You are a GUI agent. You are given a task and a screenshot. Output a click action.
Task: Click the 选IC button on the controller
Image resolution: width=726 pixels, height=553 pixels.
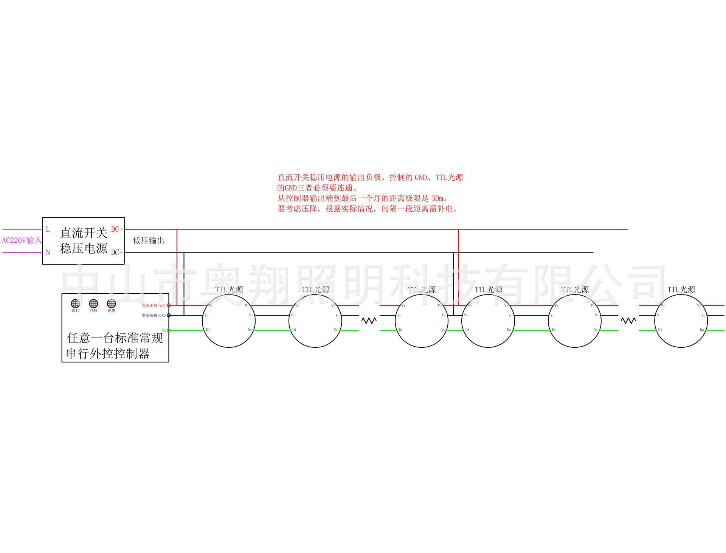[75, 304]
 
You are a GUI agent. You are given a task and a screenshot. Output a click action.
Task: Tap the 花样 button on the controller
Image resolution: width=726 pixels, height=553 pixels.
[93, 304]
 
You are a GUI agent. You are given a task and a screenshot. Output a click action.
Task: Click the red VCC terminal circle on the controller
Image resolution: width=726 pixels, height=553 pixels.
[169, 305]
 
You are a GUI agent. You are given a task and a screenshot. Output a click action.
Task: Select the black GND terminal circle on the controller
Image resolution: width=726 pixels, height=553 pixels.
[169, 315]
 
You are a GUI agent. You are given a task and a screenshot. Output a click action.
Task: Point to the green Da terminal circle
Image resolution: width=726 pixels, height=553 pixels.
[169, 330]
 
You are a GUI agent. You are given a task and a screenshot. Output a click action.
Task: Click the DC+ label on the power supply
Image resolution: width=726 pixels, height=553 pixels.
[117, 229]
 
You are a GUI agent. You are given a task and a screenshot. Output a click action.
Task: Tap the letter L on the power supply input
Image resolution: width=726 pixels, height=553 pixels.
[48, 229]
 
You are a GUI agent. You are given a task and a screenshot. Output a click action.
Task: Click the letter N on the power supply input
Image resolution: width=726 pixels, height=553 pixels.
[48, 252]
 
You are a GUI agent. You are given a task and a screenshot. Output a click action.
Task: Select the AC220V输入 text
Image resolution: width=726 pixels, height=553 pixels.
[22, 240]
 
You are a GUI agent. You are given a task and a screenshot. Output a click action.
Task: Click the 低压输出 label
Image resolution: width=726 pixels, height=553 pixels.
[149, 240]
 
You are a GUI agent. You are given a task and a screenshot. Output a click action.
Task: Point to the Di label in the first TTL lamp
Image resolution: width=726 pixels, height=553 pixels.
[208, 330]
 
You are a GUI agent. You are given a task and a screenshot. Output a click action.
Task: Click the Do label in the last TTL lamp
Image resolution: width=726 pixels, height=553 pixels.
[701, 330]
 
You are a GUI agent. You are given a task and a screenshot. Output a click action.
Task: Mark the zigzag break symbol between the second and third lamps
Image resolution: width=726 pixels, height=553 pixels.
[369, 321]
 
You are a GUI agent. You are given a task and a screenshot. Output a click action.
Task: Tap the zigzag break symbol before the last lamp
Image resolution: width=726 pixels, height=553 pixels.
[628, 321]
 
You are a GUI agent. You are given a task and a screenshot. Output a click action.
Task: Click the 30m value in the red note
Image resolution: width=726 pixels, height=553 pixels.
[437, 198]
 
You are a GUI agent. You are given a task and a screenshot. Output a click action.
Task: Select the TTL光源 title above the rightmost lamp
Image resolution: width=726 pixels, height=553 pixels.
[681, 290]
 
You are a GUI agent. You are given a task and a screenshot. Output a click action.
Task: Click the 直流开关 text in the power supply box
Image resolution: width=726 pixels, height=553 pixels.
[84, 232]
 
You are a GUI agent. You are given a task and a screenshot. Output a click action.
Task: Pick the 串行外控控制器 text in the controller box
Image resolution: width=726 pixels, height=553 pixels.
[108, 354]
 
